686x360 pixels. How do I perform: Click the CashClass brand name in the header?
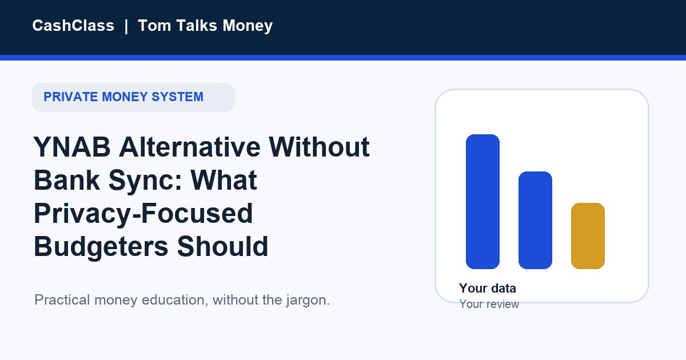coord(73,25)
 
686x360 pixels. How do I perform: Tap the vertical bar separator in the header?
coord(126,26)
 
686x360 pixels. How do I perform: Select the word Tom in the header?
coord(154,25)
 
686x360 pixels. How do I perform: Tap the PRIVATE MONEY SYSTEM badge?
coord(134,97)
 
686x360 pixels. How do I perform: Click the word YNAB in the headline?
coord(72,147)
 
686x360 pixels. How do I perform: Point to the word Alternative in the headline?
coord(190,147)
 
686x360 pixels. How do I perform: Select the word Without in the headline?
coord(319,147)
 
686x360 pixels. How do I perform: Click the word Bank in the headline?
coord(67,181)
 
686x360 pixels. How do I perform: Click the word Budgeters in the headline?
coord(101,247)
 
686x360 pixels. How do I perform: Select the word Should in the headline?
coord(222,246)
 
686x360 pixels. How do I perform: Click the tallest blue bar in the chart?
coord(482,202)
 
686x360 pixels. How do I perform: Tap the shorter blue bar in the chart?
coord(535,221)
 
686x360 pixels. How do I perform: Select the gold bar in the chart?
coord(588,236)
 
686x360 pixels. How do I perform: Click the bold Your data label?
coord(488,289)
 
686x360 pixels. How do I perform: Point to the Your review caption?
coord(489,304)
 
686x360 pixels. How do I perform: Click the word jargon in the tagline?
coord(308,301)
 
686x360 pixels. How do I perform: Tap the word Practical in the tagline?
coord(62,300)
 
